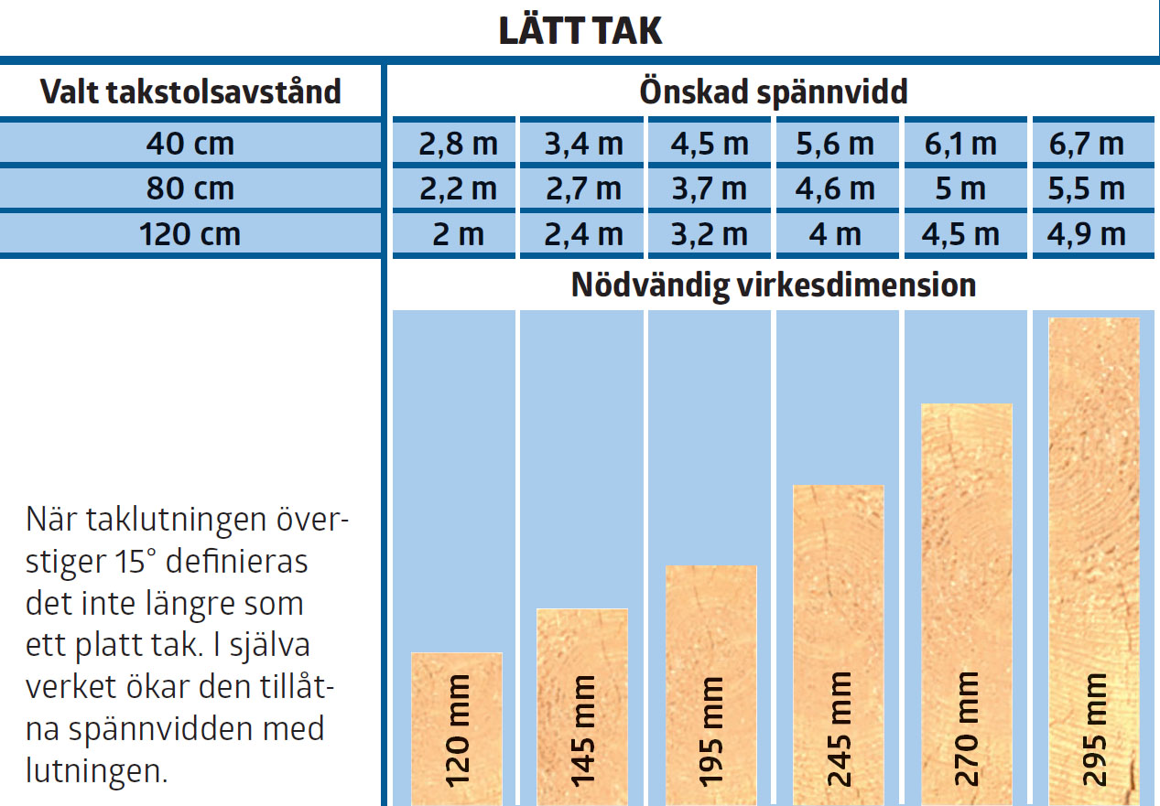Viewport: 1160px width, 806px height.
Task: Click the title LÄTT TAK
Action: [580, 31]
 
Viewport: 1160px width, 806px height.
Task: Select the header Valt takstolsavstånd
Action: [190, 91]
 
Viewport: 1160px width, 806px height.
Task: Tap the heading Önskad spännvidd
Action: [774, 91]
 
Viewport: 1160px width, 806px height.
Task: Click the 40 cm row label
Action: [190, 144]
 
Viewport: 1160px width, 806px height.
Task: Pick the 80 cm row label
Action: [190, 188]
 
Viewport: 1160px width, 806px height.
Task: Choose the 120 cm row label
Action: [190, 234]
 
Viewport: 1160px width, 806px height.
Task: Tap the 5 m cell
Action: [960, 188]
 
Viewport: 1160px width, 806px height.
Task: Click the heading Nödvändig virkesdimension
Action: [774, 285]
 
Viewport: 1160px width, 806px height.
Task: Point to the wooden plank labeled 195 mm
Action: [710, 640]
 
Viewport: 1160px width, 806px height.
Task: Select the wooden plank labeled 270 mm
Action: [966, 549]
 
